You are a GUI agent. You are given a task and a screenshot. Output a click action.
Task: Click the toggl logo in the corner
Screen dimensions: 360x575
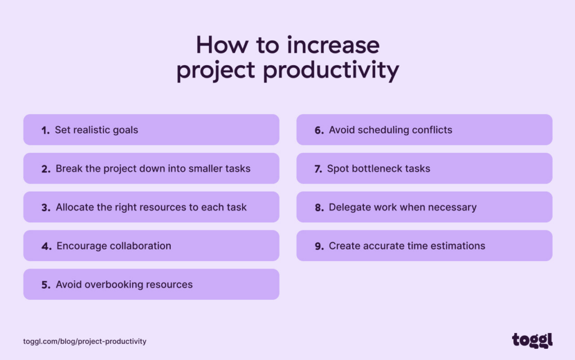532,340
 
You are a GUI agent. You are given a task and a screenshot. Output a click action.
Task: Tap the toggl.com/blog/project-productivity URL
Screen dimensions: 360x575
85,341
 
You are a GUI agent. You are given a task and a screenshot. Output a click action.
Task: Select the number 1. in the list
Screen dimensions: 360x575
45,130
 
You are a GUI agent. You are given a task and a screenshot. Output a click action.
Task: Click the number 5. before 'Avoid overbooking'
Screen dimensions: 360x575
45,285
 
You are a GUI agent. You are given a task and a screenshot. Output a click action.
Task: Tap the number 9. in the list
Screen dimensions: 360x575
319,246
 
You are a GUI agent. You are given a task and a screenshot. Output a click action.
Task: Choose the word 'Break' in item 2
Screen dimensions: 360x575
69,168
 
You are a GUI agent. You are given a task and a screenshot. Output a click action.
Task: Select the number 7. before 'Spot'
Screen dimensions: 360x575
318,168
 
